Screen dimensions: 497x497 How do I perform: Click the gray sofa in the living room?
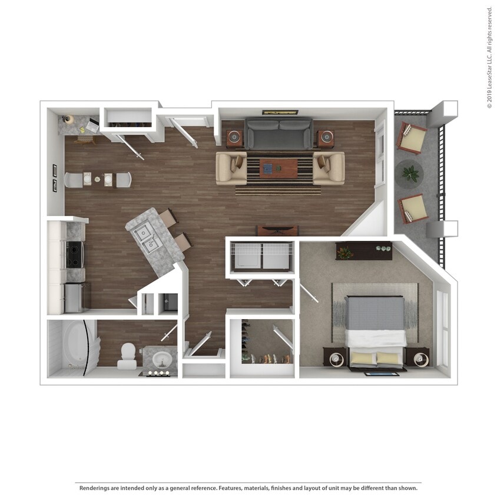pos(279,134)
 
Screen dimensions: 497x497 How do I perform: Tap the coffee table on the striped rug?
pos(279,168)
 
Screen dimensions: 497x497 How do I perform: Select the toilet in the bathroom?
pos(127,356)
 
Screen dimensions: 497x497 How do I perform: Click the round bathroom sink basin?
pos(163,360)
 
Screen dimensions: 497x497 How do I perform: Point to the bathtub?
pos(75,344)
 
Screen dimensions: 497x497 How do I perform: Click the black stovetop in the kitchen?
pos(74,254)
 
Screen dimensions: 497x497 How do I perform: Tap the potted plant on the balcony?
pos(410,174)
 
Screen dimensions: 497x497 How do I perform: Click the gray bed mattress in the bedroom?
pos(375,313)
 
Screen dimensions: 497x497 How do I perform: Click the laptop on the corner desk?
pos(92,125)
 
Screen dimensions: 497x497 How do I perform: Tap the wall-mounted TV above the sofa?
pos(280,112)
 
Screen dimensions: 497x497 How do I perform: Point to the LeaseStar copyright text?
pos(490,58)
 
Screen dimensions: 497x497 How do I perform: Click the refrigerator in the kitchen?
pos(75,298)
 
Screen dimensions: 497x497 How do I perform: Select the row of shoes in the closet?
pos(266,359)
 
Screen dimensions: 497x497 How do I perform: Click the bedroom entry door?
pos(309,293)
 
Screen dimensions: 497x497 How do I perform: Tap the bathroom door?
pos(169,333)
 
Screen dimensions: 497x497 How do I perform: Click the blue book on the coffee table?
pos(268,168)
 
